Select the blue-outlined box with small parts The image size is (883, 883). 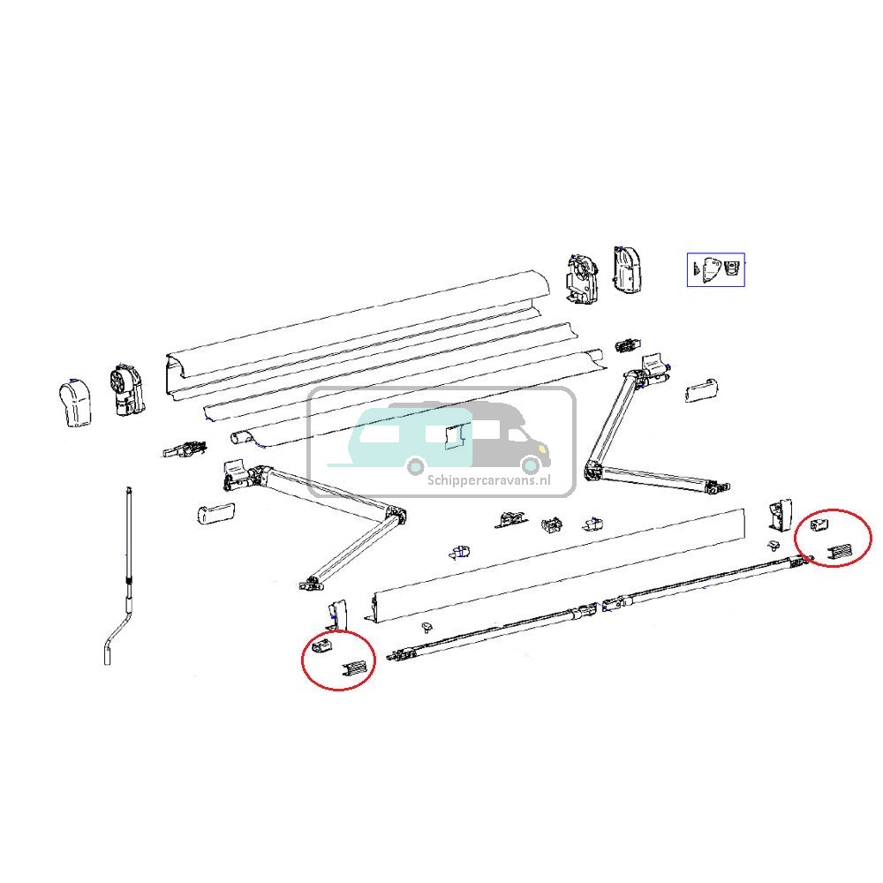pos(715,269)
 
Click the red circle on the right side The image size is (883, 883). pos(834,540)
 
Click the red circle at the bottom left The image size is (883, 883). pos(338,661)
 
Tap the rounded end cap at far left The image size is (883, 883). pos(76,403)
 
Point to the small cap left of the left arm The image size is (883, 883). pos(215,513)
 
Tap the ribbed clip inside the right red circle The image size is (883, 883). pos(841,554)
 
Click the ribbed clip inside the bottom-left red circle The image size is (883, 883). pos(352,671)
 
